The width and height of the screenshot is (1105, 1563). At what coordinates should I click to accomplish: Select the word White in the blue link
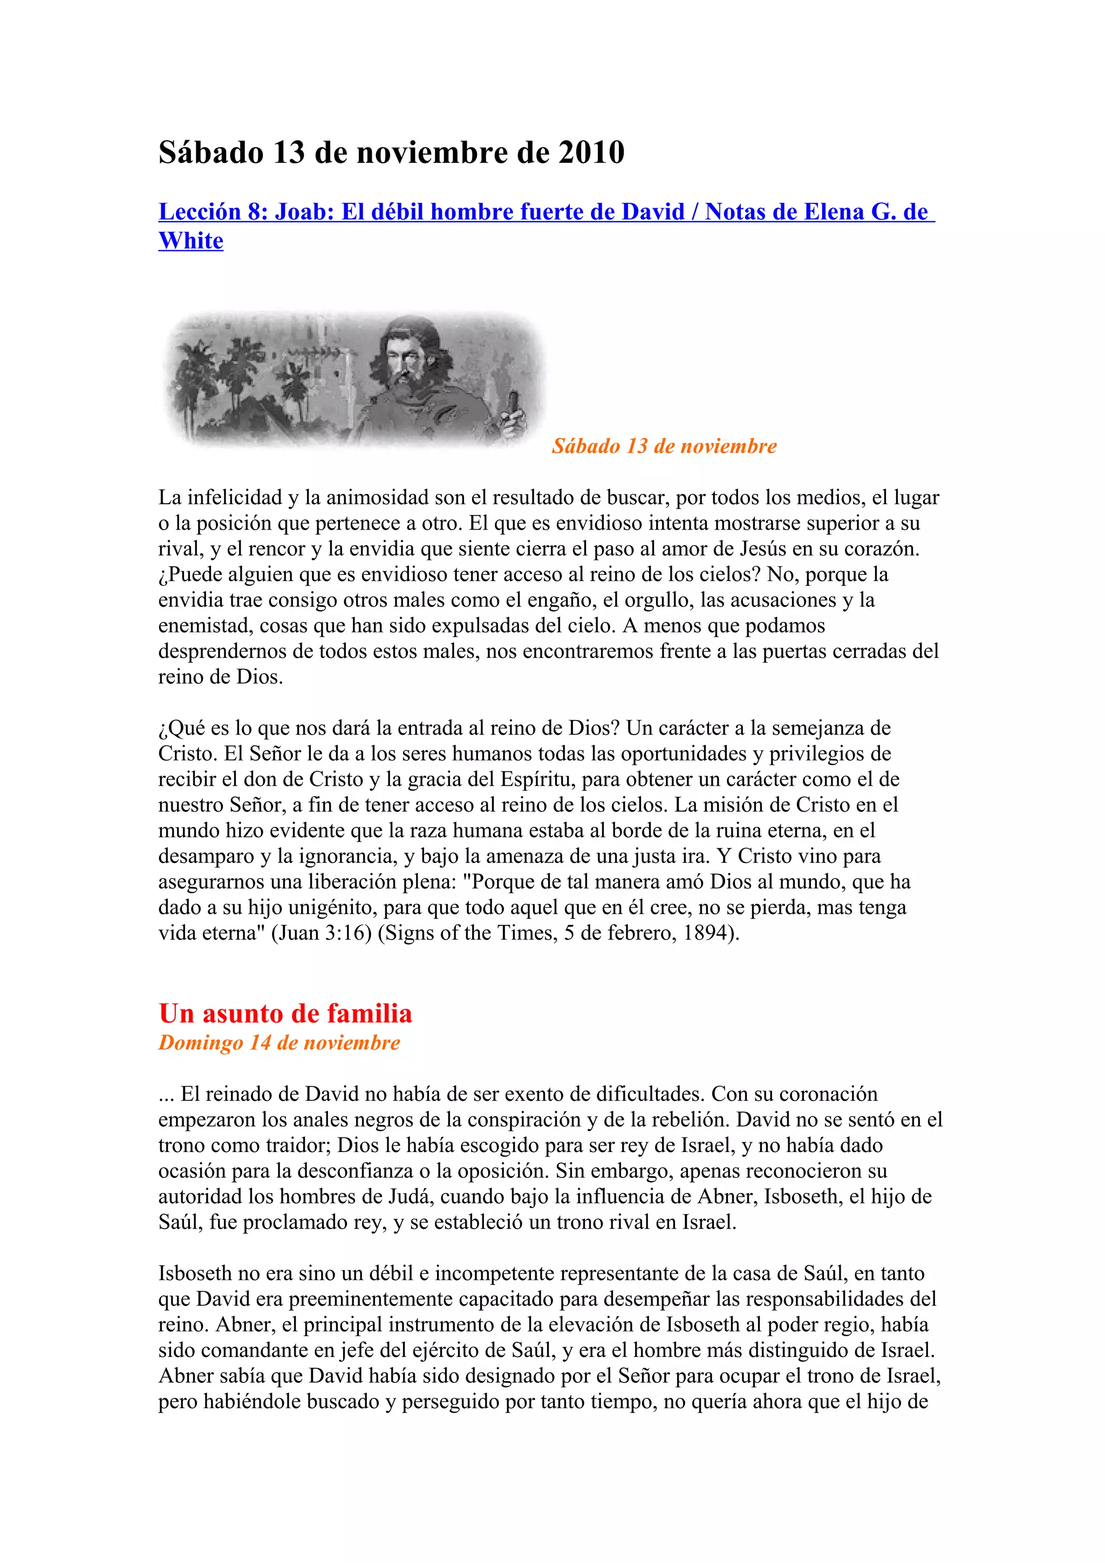tap(190, 241)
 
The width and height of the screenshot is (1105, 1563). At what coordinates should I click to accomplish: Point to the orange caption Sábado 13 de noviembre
tap(664, 446)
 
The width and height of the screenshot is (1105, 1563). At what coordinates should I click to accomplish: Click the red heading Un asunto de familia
tap(285, 1013)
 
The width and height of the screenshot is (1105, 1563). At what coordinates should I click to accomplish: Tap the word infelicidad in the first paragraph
tap(235, 498)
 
